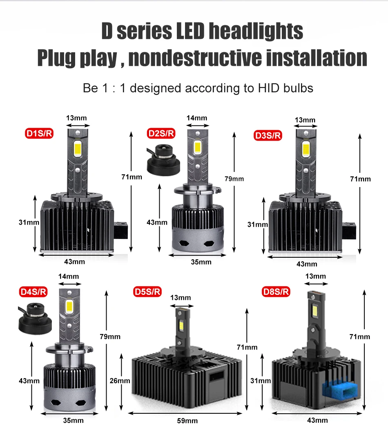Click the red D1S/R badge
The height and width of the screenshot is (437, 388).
coord(39,133)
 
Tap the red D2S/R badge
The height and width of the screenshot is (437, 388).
coord(161,133)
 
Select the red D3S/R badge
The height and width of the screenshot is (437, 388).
coord(268,135)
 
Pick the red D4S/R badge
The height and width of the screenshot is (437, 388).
coord(33,292)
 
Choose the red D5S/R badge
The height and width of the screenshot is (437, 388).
coord(147,292)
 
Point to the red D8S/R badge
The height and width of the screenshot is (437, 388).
coord(276,292)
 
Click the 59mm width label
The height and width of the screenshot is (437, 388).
coord(188,421)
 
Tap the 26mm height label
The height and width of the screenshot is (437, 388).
coord(120,381)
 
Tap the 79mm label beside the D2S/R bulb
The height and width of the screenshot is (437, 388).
coord(234,178)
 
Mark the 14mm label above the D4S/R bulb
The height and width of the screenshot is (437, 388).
coord(69,276)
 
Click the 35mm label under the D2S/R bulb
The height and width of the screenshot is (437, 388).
coord(201,262)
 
